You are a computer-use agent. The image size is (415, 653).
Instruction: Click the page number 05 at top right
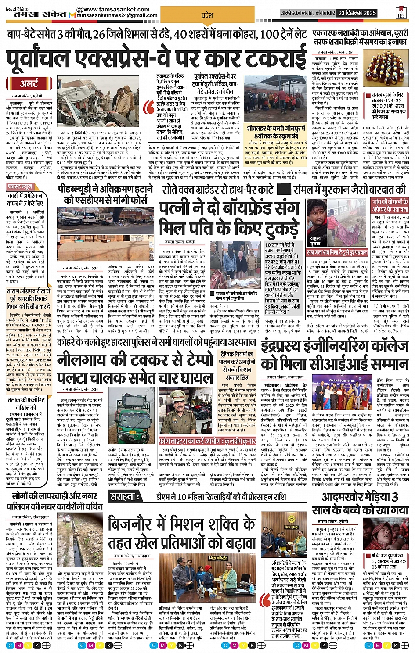pos(401,13)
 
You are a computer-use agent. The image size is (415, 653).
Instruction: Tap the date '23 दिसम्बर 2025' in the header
pos(357,13)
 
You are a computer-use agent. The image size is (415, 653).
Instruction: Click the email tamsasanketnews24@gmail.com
pos(117,16)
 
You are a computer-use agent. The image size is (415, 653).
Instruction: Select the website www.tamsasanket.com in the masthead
pos(115,9)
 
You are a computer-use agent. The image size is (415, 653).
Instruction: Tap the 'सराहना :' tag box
pos(126,498)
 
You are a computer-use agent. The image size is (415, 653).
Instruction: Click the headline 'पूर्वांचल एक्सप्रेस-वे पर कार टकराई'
pos(156,58)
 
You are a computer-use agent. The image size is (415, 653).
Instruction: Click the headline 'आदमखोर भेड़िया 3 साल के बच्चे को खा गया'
pos(360,503)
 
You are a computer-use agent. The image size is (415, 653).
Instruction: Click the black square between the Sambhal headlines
pos(285,190)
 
